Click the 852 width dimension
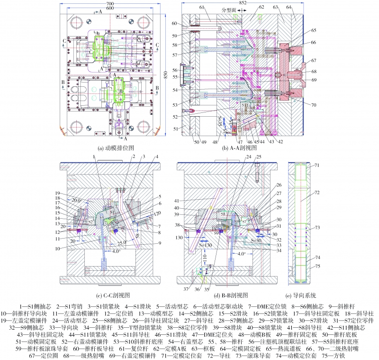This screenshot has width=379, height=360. (243, 3)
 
